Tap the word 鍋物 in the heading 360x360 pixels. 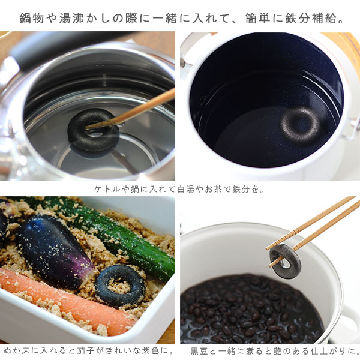(31, 18)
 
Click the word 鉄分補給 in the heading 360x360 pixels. (311, 18)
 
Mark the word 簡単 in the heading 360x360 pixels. (257, 18)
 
